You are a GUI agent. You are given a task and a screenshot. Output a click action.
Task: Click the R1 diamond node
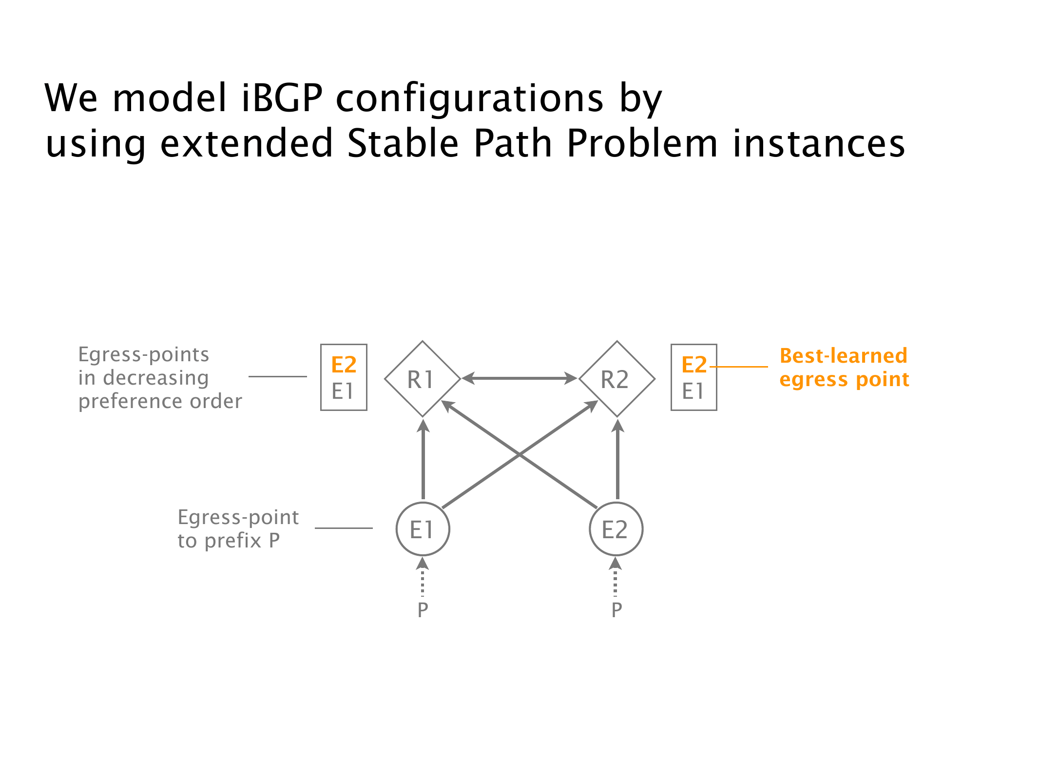tap(422, 379)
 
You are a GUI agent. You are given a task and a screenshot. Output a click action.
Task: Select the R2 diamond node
tap(616, 379)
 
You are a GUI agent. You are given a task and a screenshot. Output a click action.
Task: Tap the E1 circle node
tap(423, 529)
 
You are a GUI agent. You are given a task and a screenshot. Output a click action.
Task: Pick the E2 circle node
tap(616, 529)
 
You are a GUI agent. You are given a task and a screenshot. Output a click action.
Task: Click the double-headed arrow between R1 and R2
tap(520, 378)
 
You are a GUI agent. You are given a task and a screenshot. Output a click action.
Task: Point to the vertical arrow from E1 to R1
tap(423, 461)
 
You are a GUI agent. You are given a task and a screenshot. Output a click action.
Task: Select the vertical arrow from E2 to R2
tap(617, 461)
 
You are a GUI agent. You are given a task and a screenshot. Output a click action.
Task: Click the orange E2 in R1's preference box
tap(344, 365)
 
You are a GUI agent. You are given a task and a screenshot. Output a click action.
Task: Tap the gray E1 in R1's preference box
tap(343, 391)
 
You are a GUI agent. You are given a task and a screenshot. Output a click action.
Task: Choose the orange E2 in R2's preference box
tap(694, 365)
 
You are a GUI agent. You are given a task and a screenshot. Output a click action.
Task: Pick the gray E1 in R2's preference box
tap(693, 391)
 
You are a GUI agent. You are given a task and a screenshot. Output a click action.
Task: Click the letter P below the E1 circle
tap(423, 609)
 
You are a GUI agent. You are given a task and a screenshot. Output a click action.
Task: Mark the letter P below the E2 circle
tap(616, 609)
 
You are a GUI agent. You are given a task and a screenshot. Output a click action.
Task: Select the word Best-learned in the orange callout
tap(843, 356)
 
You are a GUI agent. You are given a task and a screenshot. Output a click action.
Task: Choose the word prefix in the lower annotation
tap(233, 541)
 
